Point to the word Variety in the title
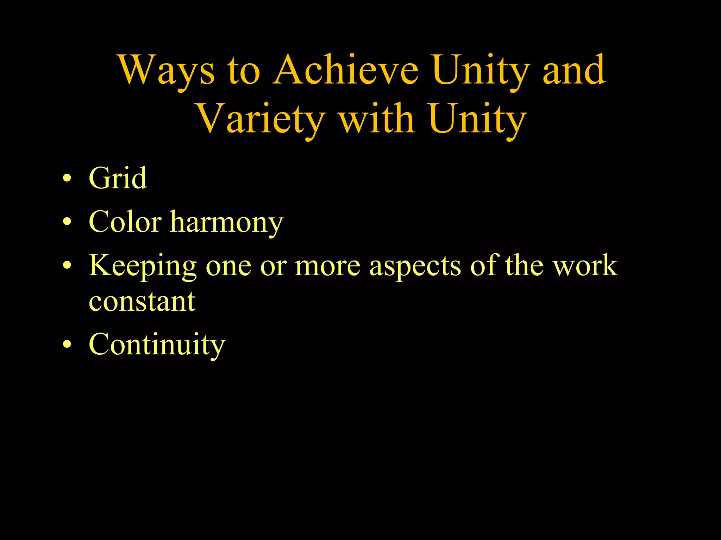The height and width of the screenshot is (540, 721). pos(261,120)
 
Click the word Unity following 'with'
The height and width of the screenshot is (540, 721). pos(477,120)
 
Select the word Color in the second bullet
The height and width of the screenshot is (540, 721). pos(125,222)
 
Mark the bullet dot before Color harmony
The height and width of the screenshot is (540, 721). pos(67,222)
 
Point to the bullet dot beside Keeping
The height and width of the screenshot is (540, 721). pos(67,266)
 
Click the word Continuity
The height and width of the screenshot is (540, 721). pos(157,345)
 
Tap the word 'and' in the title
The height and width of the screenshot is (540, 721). pos(574,70)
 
